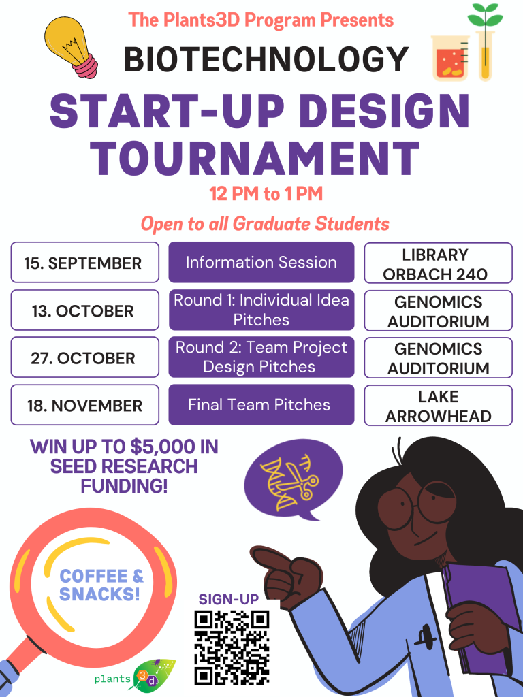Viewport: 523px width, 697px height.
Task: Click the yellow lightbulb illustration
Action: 71,47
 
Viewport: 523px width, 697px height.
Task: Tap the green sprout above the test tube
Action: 485,16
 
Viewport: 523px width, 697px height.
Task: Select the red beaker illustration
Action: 450,59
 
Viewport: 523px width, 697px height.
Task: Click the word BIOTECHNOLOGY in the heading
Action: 266,59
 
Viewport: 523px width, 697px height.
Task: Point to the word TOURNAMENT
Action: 255,158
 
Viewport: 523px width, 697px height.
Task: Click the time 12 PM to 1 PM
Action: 266,194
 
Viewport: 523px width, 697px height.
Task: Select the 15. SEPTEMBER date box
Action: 84,262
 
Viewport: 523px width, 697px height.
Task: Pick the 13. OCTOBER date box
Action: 84,310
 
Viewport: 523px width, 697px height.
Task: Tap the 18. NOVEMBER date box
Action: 84,404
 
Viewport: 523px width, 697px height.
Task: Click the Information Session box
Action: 261,262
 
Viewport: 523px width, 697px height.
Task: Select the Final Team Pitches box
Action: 261,404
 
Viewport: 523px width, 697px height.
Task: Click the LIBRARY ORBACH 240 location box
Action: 439,263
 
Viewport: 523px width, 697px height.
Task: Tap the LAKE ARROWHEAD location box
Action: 439,406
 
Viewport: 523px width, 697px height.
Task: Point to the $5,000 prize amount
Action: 162,447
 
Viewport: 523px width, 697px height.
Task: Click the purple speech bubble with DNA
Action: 294,480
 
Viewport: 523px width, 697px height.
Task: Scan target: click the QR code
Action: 232,647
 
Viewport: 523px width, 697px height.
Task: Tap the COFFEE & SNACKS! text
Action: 102,585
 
